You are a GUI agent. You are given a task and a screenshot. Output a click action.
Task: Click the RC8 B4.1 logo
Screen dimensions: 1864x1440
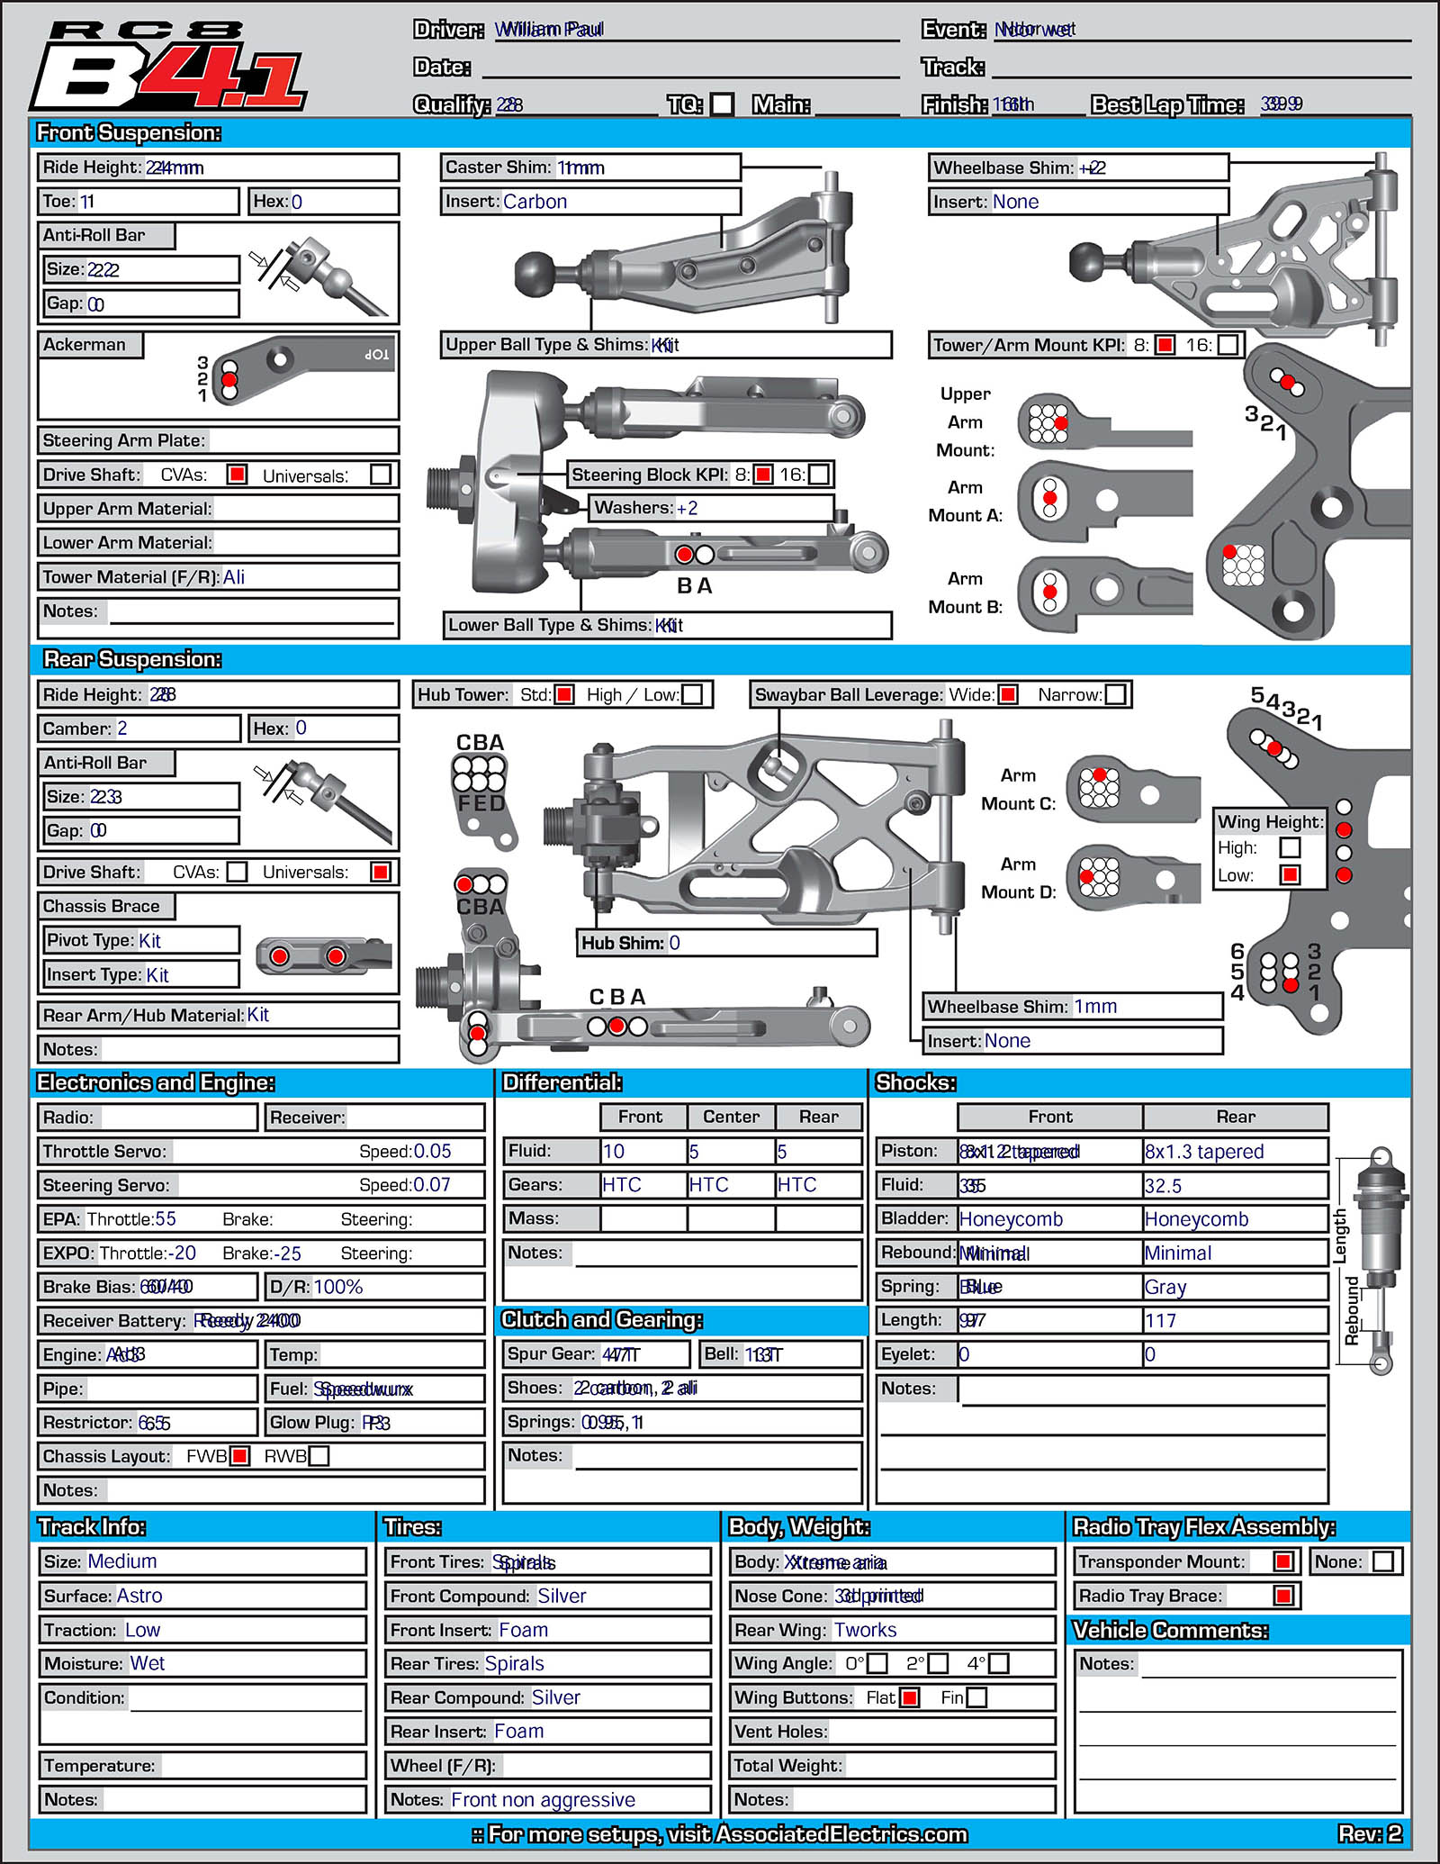(x=169, y=68)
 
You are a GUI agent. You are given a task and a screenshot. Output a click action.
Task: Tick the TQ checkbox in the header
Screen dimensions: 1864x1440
(x=722, y=104)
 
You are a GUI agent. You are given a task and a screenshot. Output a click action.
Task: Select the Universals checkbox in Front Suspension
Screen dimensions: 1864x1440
(x=381, y=475)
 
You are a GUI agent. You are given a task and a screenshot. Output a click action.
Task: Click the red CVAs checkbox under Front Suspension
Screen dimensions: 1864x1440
(x=237, y=475)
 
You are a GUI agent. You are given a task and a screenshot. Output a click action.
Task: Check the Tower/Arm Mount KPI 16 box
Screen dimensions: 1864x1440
(x=1228, y=345)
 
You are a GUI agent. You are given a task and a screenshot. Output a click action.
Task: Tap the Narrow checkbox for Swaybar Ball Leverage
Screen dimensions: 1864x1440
(x=1115, y=694)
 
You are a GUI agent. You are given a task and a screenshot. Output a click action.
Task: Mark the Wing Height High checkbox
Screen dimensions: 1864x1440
(x=1290, y=847)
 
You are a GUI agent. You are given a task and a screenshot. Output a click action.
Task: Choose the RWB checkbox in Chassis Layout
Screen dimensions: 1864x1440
(x=319, y=1456)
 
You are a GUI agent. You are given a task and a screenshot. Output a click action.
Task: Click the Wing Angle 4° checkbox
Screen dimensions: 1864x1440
(x=998, y=1663)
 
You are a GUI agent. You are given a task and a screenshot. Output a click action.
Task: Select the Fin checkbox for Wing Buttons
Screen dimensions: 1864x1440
(x=976, y=1697)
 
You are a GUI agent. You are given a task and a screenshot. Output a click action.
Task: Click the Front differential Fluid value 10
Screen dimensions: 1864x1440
(x=614, y=1152)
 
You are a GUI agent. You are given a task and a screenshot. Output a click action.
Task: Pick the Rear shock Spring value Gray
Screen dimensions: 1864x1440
(x=1165, y=1288)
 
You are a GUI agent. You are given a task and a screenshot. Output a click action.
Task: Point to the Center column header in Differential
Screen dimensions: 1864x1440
(x=731, y=1117)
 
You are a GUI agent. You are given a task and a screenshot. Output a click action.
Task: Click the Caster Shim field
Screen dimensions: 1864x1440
(x=590, y=167)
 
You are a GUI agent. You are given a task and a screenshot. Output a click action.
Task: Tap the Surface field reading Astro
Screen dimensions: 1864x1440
(x=139, y=1596)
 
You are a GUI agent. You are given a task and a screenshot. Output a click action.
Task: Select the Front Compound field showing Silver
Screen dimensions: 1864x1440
(x=562, y=1596)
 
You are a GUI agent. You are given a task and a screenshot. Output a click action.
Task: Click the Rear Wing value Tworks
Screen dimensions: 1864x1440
(x=865, y=1630)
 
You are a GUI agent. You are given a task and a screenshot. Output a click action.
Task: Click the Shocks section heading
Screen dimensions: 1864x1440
(x=915, y=1082)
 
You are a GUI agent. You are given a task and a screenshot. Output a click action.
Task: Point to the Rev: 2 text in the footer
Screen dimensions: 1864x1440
(x=1369, y=1833)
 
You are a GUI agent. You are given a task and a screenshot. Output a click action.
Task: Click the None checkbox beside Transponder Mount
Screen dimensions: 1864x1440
(x=1383, y=1561)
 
